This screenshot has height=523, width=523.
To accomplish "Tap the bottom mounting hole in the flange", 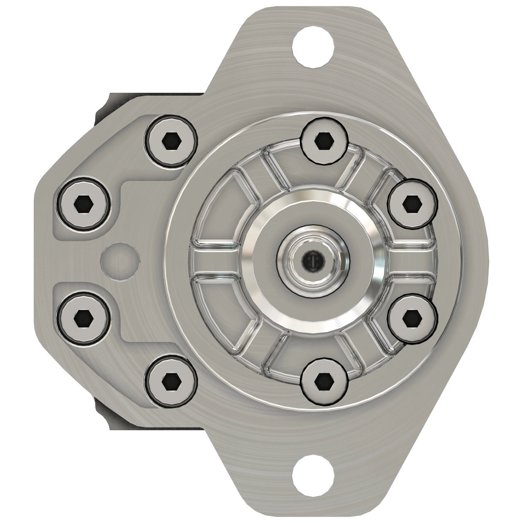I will coord(312,475).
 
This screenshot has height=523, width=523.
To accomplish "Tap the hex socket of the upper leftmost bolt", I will coord(82,203).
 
